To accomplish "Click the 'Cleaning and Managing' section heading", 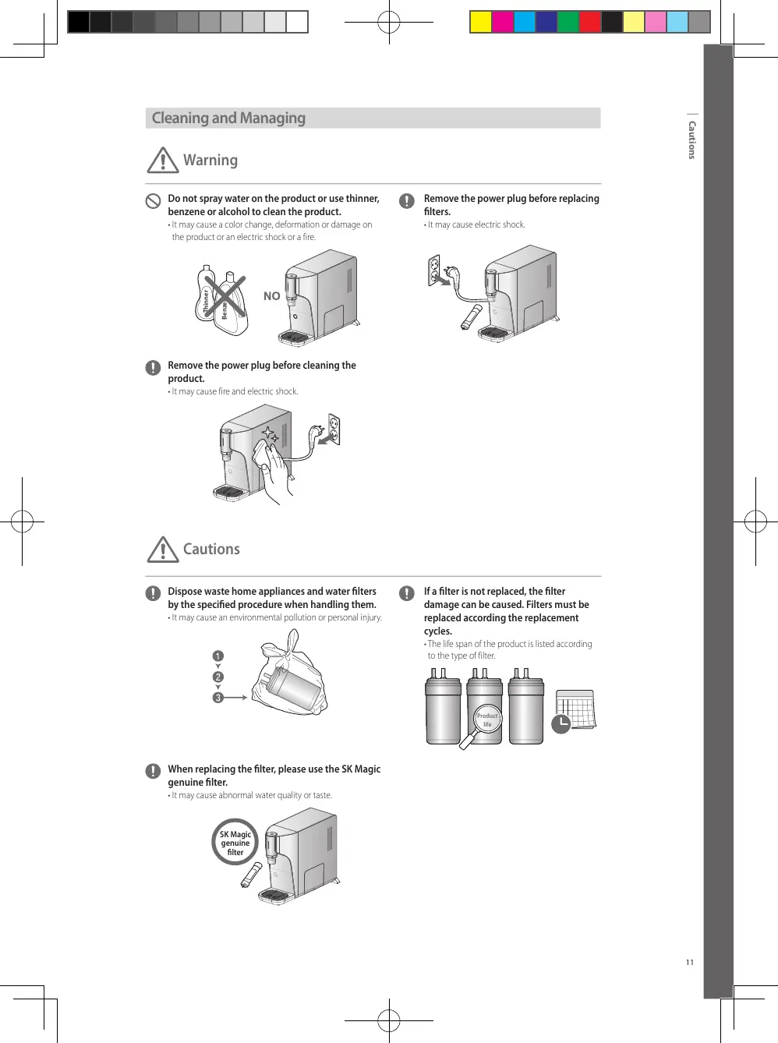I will (x=228, y=118).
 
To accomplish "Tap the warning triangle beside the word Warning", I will (x=163, y=161).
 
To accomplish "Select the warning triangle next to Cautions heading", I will (x=163, y=550).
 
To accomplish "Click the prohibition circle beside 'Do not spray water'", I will (x=154, y=200).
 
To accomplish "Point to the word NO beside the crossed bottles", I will (x=271, y=296).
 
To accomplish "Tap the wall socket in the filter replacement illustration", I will (x=434, y=269).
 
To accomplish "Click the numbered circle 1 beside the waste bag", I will (x=218, y=656).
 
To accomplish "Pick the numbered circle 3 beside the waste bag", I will (x=218, y=698).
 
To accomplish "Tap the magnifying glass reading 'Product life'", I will (x=486, y=720).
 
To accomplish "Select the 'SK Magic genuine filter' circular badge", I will (x=235, y=843).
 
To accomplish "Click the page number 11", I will (x=690, y=962).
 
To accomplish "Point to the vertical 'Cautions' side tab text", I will (x=691, y=140).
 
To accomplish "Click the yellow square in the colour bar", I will (x=481, y=22).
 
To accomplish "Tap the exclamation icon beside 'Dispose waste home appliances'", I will (x=154, y=593).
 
